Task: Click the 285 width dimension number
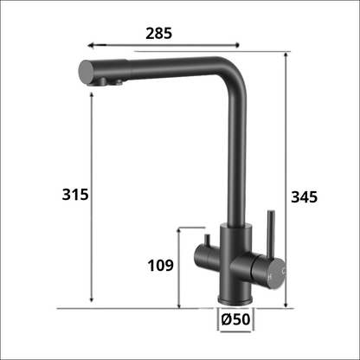pyautogui.click(x=159, y=34)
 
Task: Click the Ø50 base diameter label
pyautogui.click(x=235, y=319)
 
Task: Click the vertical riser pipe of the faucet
pyautogui.click(x=234, y=164)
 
